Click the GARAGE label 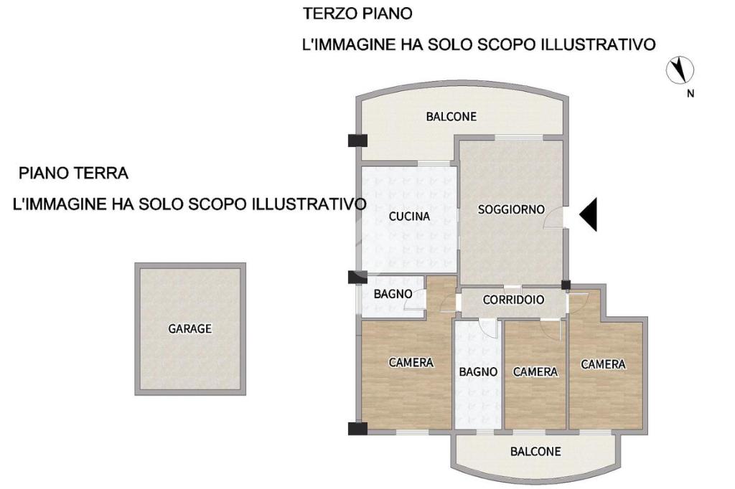coord(189,329)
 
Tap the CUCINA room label coord(409,217)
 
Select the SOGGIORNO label coord(511,209)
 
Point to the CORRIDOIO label coord(513,300)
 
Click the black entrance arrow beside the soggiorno coord(589,214)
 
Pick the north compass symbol coord(680,70)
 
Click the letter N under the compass coord(690,94)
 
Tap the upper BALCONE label coord(451,116)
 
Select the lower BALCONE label coord(535,452)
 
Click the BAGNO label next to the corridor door coord(393,294)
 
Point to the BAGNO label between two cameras coord(478,372)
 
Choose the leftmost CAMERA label coord(411,363)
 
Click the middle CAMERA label coord(535,372)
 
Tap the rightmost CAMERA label coord(603,364)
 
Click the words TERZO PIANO coord(357,13)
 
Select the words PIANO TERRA coord(73,174)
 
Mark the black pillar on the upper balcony coord(357,141)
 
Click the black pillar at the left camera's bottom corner coord(357,429)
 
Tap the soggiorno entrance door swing coord(554,218)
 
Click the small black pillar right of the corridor coord(566,285)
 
